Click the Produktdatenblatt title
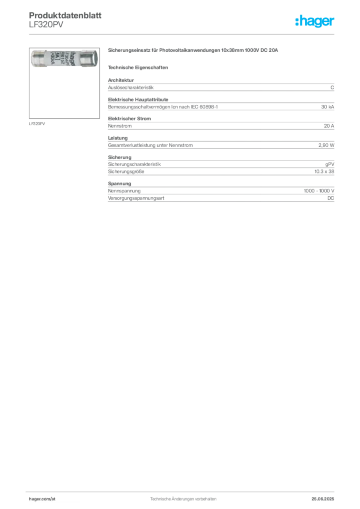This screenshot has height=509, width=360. [x=65, y=15]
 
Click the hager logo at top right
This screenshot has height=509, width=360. [x=315, y=21]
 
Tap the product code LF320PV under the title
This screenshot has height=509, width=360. [x=46, y=25]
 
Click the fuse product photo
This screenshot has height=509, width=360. [x=64, y=59]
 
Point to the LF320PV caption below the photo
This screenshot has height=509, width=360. [x=37, y=124]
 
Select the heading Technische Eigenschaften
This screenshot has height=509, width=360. [x=138, y=68]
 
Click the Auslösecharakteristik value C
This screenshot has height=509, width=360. [x=332, y=87]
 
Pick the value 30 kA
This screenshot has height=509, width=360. [x=328, y=107]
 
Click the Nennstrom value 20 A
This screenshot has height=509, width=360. [x=329, y=126]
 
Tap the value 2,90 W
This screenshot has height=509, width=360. [x=326, y=146]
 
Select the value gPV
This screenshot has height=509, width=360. [x=330, y=165]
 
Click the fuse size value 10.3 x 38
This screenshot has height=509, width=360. [x=324, y=171]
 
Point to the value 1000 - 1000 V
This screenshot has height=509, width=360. [x=319, y=191]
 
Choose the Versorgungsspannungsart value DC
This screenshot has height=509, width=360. [x=331, y=198]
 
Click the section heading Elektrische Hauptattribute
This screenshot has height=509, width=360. [x=138, y=99]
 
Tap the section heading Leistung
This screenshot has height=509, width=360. [x=118, y=138]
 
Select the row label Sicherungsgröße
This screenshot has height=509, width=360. [x=126, y=171]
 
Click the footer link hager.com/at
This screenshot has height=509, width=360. [x=42, y=499]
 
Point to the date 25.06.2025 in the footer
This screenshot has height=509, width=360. [x=323, y=499]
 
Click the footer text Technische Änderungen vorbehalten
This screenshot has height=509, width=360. [x=183, y=499]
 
